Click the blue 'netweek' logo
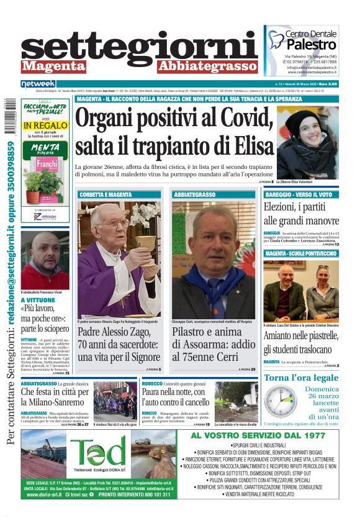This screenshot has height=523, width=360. click(38, 84)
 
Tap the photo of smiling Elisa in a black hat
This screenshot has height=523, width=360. click(307, 142)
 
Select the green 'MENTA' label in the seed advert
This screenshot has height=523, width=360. click(45, 147)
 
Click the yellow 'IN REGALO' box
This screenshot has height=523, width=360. click(45, 125)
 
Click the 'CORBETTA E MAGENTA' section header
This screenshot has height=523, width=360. click(106, 194)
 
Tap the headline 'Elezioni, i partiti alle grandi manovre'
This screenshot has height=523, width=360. click(301, 214)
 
